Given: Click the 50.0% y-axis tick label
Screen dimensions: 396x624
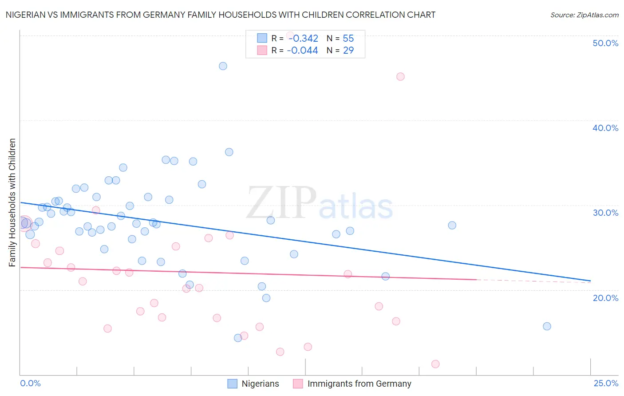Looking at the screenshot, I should pos(605,43).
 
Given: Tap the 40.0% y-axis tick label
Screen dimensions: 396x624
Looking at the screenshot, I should pos(605,128).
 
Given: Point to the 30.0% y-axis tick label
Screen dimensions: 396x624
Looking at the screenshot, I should pos(605,213).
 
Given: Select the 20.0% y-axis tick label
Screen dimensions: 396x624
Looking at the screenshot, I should pos(605,298).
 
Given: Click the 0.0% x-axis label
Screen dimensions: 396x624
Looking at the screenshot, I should pos(30,383).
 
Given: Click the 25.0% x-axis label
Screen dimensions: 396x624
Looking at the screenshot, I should pos(606,383).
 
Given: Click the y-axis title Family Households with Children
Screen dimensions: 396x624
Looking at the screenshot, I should pos(12,202).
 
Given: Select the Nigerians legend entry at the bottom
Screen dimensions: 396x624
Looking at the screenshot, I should pos(253,384).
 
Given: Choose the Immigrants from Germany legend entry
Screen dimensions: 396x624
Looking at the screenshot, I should pos(353,384).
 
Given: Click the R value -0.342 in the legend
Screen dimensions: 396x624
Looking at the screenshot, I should pos(303,39).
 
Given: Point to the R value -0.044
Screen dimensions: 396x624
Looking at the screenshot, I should pos(303,51).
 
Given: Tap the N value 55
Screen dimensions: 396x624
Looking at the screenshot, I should pos(348,39).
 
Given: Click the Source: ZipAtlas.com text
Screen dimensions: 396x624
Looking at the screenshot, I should pos(584,15).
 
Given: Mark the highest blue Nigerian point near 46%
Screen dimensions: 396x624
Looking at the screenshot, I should pos(223,66).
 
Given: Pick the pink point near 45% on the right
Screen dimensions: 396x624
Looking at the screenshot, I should pos(400,76).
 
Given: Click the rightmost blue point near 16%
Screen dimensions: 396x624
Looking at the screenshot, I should pos(547,326).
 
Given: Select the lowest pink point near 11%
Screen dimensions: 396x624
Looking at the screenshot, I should pos(435,364).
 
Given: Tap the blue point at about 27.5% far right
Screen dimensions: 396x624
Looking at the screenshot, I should pos(452,225).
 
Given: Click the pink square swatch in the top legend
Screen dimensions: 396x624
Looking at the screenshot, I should pos(262,51).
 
